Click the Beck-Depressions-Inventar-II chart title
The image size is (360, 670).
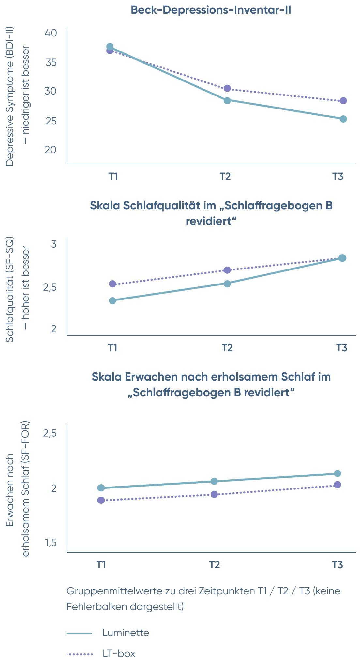tap(211, 10)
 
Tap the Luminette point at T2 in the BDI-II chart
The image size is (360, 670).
tap(227, 100)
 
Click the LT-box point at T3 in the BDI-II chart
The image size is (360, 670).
tap(343, 101)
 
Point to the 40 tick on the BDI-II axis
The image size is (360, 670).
tap(51, 33)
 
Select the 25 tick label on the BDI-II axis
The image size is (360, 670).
tap(51, 121)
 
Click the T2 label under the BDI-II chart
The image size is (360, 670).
tap(225, 176)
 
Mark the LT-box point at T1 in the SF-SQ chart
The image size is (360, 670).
tap(112, 284)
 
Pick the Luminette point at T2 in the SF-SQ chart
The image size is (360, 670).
tap(227, 284)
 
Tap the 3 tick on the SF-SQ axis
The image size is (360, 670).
tap(54, 244)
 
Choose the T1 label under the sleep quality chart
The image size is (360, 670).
tap(112, 348)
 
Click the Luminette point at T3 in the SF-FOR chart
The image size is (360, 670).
tap(337, 473)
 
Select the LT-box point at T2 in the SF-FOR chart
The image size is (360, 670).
tap(214, 494)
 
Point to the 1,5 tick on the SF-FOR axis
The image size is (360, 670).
tap(51, 543)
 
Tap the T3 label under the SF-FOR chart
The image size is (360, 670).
tap(337, 565)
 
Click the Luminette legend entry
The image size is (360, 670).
tap(108, 633)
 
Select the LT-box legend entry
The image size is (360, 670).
tap(101, 654)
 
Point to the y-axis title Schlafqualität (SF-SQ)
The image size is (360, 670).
tap(10, 290)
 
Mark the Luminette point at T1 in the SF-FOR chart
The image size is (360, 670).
tap(101, 488)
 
